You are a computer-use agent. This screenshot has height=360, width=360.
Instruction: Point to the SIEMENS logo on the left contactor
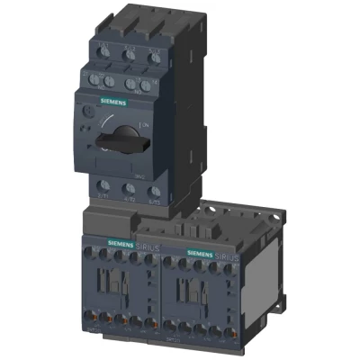pyautogui.click(x=121, y=243)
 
